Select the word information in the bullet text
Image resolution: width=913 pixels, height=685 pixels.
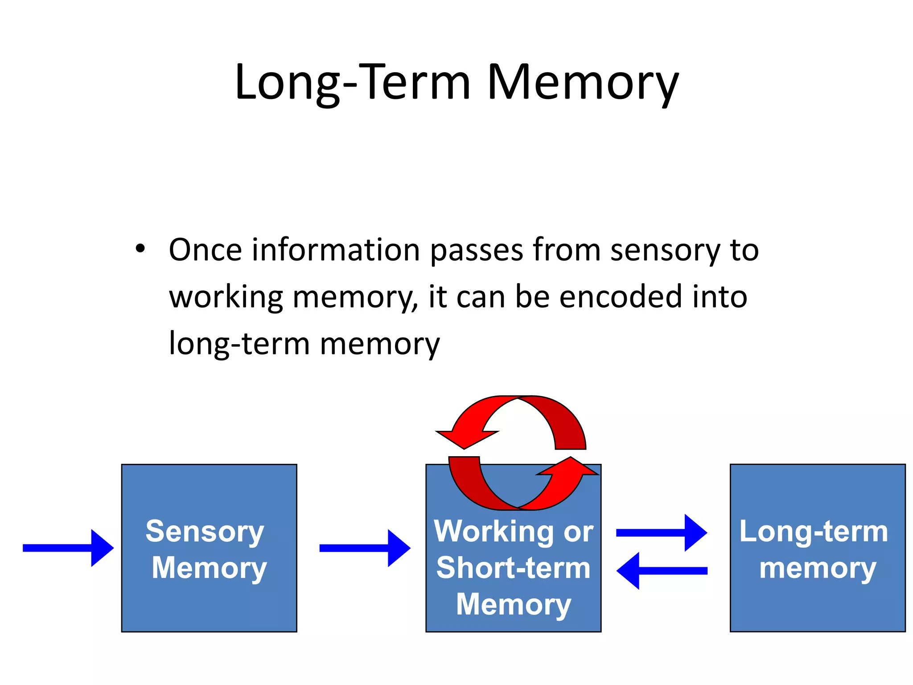coord(336,251)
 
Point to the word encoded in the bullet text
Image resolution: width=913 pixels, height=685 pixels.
coord(621,297)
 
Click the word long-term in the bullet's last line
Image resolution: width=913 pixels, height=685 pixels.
coord(239,344)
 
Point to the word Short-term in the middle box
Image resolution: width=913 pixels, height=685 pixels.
coord(513,568)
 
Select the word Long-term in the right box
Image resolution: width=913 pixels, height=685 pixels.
coord(814,532)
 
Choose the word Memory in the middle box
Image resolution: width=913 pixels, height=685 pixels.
coord(513,605)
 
